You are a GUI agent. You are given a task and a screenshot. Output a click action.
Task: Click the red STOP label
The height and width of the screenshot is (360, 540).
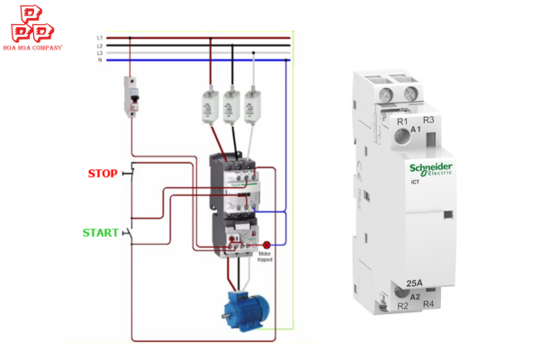102,174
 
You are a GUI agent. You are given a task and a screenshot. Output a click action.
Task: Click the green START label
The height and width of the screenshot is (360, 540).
101,232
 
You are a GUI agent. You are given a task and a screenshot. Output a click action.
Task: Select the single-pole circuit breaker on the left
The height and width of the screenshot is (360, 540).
131,96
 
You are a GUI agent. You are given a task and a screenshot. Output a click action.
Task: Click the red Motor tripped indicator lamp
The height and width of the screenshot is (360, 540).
266,244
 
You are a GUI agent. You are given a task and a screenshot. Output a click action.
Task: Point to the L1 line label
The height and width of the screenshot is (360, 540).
100,38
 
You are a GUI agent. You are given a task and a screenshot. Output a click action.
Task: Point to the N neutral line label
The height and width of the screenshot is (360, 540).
100,60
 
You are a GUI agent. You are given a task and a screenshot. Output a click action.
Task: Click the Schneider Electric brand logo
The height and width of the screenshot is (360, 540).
432,170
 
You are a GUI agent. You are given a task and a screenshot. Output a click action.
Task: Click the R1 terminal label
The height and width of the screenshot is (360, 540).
402,120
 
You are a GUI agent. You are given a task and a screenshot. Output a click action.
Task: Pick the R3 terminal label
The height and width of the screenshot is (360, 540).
428,120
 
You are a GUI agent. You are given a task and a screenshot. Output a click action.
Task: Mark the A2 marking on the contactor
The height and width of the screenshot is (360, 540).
415,296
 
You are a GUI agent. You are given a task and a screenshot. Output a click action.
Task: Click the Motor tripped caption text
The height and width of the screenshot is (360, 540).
265,257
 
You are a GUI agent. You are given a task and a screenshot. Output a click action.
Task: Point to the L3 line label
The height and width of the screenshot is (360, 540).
100,53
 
